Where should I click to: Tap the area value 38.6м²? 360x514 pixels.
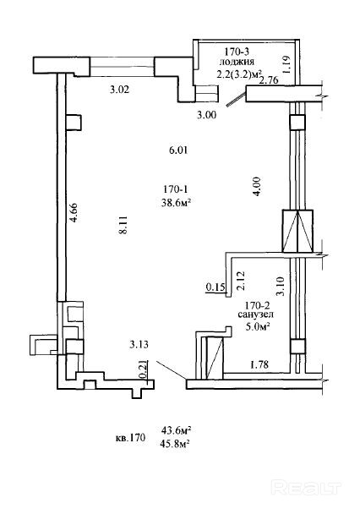click(x=176, y=203)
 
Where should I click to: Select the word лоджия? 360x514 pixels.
click(x=237, y=62)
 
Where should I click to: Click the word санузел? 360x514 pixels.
click(x=256, y=314)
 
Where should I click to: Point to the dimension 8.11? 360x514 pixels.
click(x=123, y=225)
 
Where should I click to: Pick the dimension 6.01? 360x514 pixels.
click(x=178, y=150)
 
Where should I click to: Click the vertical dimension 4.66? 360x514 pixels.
click(x=74, y=213)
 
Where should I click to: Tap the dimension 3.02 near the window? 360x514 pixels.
click(x=119, y=90)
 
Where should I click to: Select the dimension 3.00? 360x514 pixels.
click(x=206, y=115)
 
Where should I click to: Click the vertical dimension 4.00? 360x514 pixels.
click(x=257, y=187)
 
